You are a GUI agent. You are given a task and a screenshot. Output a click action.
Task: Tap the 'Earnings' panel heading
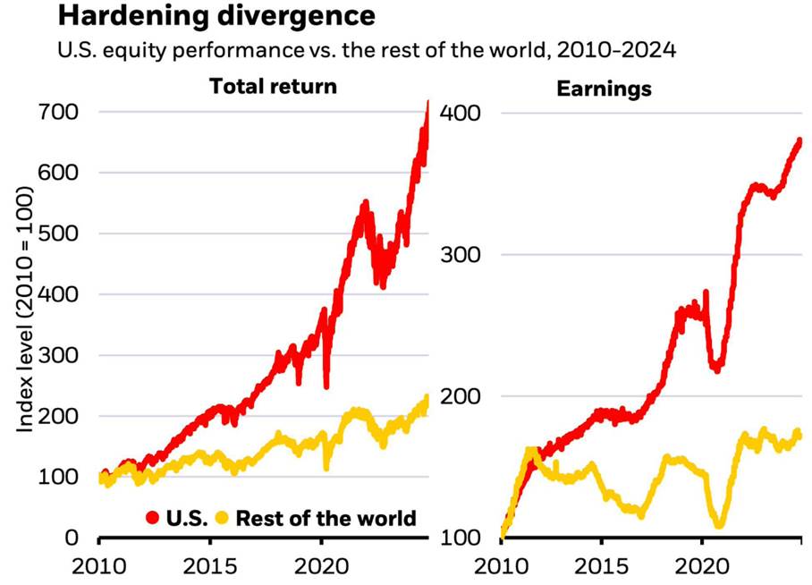(x=604, y=89)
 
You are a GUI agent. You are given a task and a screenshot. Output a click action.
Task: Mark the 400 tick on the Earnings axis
(x=467, y=114)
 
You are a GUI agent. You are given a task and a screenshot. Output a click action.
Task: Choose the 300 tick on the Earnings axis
(x=467, y=255)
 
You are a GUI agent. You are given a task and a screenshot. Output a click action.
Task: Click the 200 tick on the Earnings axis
(x=467, y=396)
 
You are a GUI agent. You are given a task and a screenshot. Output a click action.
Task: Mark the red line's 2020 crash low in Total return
(x=326, y=386)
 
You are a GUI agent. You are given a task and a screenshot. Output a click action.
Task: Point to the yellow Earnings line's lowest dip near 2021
(x=718, y=525)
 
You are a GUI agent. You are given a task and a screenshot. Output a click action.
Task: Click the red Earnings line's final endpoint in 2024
(x=799, y=140)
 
